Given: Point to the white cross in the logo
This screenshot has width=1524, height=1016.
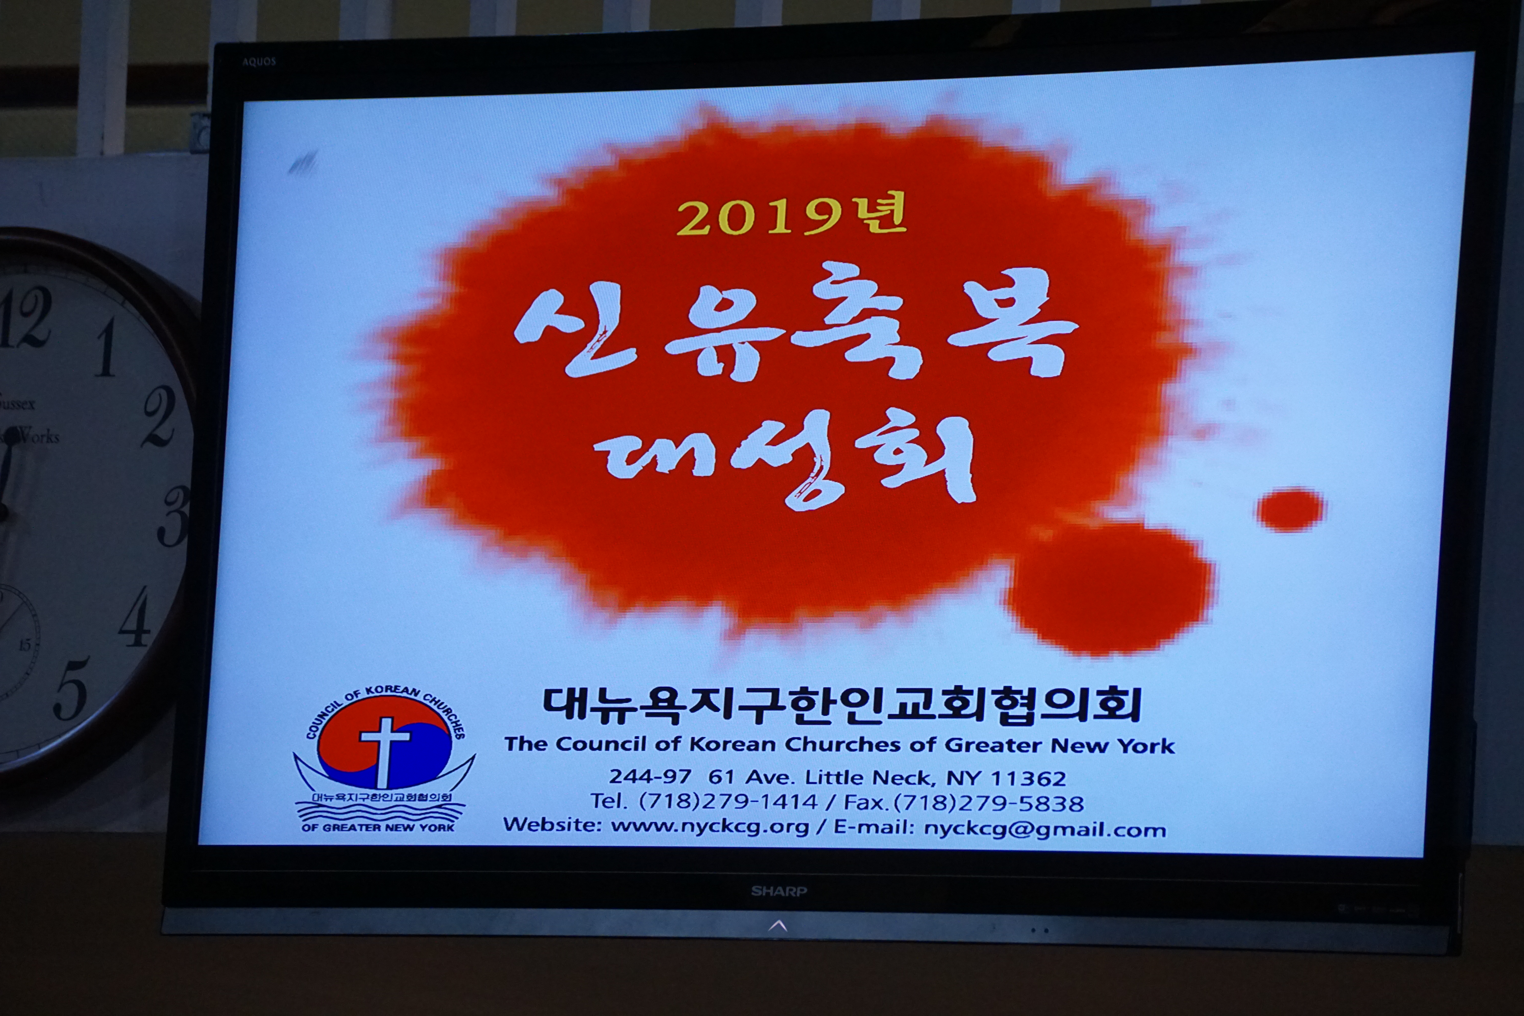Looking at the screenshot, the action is click(x=385, y=752).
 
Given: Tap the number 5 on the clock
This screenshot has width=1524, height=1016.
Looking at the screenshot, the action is click(x=71, y=688).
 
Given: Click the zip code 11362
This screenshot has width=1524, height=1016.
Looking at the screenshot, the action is click(x=1028, y=778).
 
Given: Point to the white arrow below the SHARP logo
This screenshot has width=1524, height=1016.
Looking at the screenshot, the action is click(x=777, y=926).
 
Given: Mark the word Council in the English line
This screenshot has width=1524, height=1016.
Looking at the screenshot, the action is click(x=601, y=744).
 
